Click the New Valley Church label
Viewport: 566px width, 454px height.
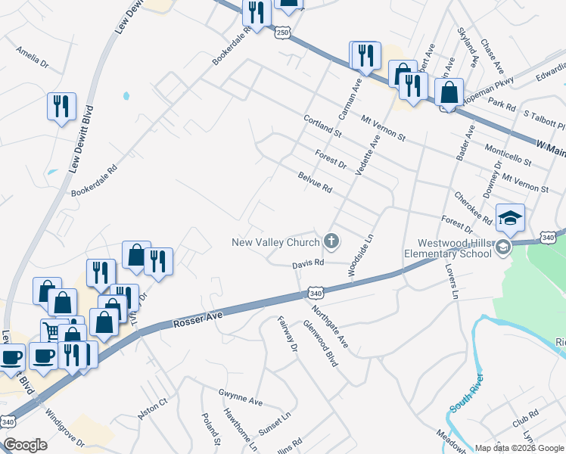(275, 243)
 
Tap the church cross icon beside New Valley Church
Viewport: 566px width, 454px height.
(331, 242)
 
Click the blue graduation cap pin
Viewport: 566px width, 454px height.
(510, 217)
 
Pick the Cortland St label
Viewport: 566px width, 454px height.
(322, 125)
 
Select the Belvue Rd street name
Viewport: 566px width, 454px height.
(316, 181)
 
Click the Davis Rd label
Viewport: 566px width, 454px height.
(309, 264)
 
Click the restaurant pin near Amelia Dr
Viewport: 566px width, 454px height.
(61, 106)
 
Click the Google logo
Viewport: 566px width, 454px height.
(25, 444)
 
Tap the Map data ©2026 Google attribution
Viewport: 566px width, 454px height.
(520, 448)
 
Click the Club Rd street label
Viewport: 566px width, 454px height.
(524, 415)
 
